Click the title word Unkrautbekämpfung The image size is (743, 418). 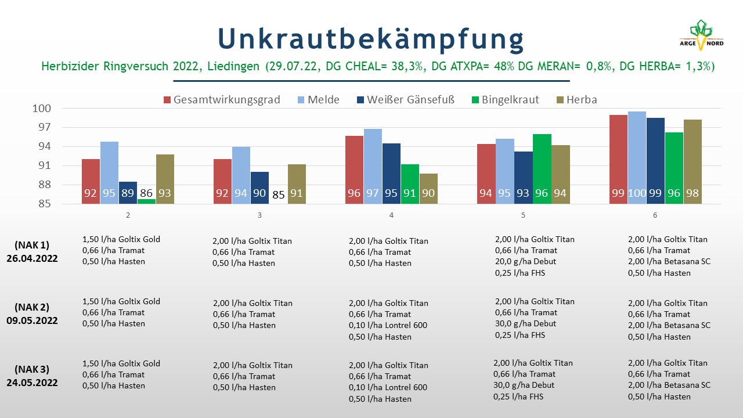coord(371,39)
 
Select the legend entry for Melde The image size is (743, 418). coord(319,99)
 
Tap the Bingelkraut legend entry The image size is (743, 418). coord(505,99)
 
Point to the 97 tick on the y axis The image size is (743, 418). coord(45,127)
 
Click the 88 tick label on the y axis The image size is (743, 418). coord(45,185)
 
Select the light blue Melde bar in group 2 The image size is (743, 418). coord(109,172)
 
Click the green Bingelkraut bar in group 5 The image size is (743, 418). coord(542,169)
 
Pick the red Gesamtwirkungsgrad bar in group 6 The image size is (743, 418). coord(618,159)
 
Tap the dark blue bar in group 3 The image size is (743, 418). coord(259,188)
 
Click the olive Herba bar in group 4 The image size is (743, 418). coord(428,189)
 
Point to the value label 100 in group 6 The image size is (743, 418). coord(637,193)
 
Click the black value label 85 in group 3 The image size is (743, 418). coord(278,194)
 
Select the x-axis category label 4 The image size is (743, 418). coord(391,215)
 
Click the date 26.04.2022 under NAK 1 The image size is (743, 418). coord(32,258)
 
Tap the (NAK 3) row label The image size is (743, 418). coord(32,369)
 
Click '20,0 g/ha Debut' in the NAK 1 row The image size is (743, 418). coord(525,261)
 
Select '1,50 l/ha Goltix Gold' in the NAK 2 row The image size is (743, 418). coord(121,301)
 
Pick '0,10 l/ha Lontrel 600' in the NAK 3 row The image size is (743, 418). coord(388,387)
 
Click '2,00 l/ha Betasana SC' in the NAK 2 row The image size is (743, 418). coord(669,325)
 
